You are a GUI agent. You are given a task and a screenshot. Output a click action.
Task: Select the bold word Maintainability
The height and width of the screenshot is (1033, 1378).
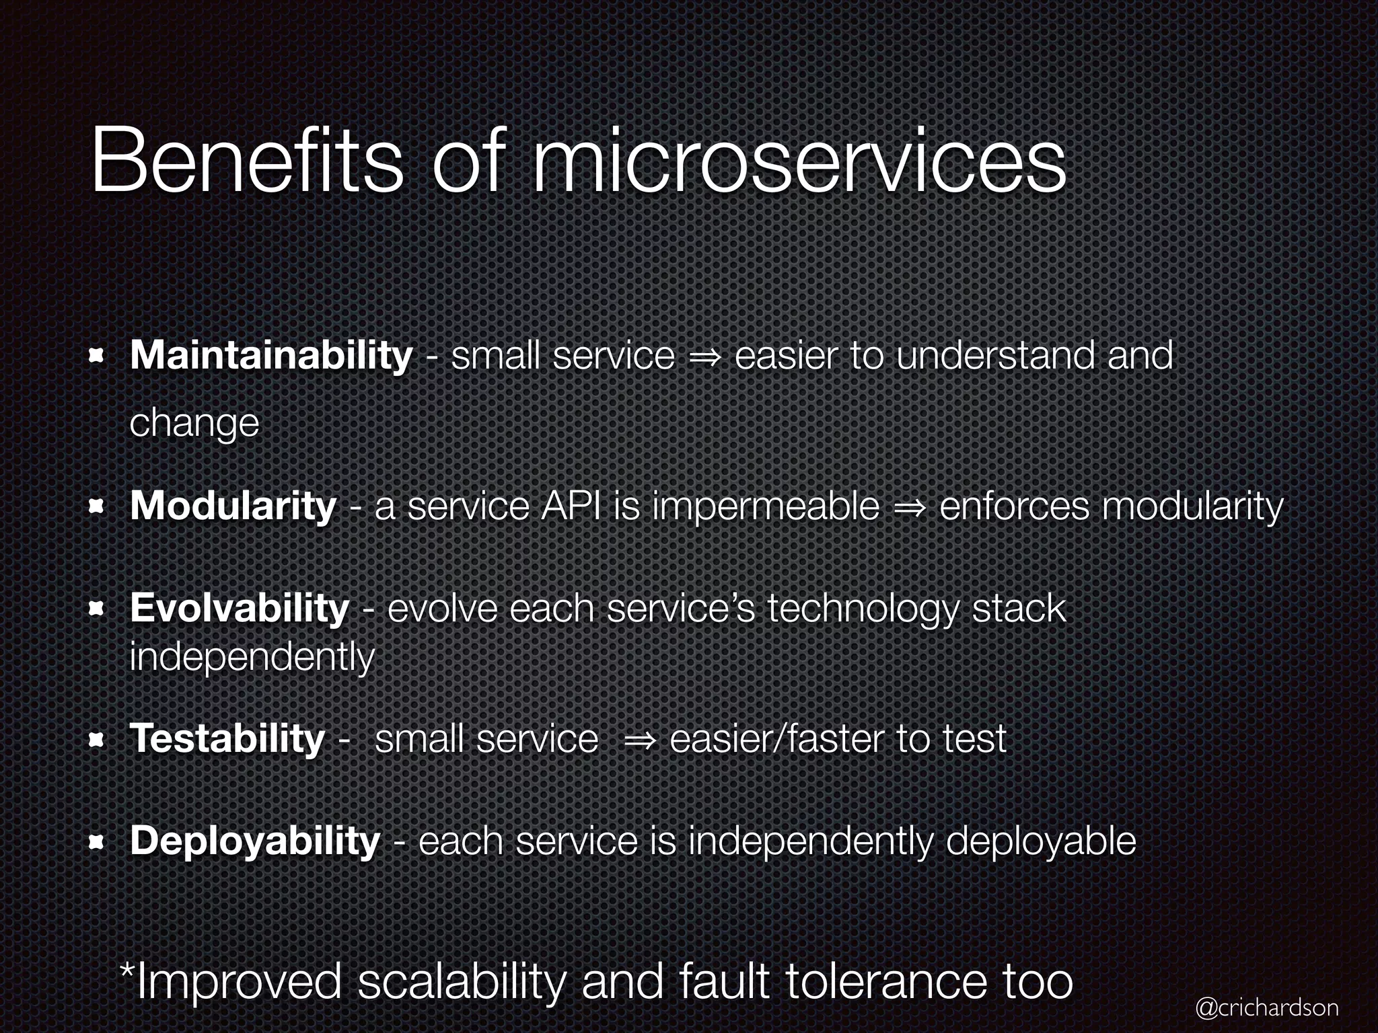pyautogui.click(x=271, y=355)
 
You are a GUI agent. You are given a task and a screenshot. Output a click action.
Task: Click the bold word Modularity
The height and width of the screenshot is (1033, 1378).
pyautogui.click(x=233, y=506)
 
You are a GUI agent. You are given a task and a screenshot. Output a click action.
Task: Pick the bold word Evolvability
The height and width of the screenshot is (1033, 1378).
pyautogui.click(x=240, y=608)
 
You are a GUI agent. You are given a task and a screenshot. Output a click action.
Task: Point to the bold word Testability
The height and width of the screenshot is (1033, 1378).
pyautogui.click(x=227, y=738)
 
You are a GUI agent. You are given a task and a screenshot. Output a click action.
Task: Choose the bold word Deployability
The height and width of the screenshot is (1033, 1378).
pyautogui.click(x=255, y=841)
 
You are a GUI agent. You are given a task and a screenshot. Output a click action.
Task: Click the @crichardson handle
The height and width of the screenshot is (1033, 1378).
pyautogui.click(x=1266, y=1007)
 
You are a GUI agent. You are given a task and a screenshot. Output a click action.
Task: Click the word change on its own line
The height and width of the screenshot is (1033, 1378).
pyautogui.click(x=194, y=424)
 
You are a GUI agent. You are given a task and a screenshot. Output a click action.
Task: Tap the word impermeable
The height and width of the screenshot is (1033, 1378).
pyautogui.click(x=766, y=506)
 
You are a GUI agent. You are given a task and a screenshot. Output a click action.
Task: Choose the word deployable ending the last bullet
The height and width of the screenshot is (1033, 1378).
pyautogui.click(x=1040, y=842)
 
